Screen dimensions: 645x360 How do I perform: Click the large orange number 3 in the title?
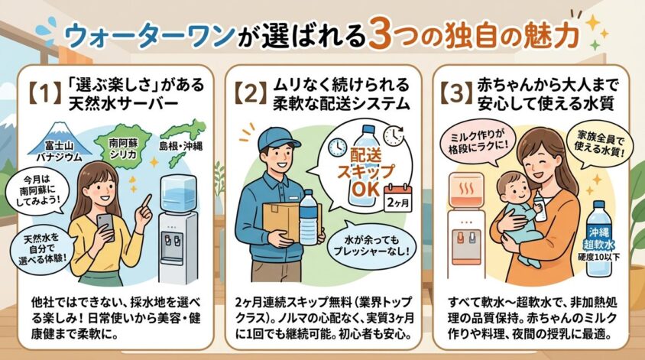(384, 34)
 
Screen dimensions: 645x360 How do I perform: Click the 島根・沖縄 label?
(180, 146)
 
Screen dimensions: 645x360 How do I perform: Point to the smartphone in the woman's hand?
(105, 226)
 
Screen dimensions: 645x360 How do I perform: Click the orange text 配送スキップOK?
(365, 172)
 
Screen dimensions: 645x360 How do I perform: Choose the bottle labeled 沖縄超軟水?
(600, 238)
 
